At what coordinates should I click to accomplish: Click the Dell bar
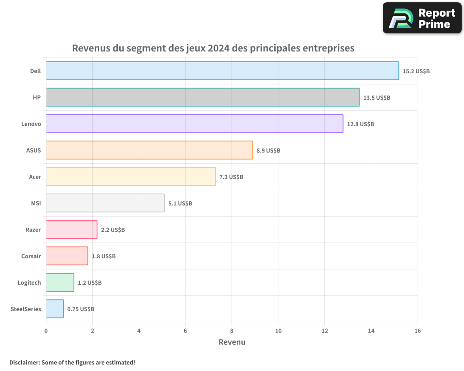click(x=222, y=71)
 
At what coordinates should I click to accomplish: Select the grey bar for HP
click(x=202, y=97)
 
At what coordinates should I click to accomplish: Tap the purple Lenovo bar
click(x=194, y=124)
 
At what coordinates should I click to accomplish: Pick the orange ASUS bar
click(x=149, y=150)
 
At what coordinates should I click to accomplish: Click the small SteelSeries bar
click(x=55, y=309)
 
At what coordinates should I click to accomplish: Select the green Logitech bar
click(x=60, y=282)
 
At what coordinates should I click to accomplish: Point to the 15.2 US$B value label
click(x=416, y=71)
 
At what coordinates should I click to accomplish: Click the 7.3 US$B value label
click(x=231, y=177)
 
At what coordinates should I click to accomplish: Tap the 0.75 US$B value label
click(x=81, y=309)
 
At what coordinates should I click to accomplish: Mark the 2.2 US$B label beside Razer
click(x=113, y=230)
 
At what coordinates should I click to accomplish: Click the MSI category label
click(x=35, y=203)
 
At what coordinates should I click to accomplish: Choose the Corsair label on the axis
click(x=31, y=256)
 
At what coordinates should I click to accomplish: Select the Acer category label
click(x=35, y=177)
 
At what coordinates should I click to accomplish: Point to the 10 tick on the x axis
click(x=278, y=331)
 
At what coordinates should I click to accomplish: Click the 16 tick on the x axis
click(x=417, y=331)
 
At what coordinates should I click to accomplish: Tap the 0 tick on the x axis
click(x=46, y=331)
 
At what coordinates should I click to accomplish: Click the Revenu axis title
click(x=232, y=342)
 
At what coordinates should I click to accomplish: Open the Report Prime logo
click(x=422, y=18)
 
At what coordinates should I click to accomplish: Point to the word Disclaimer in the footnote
click(x=24, y=362)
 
